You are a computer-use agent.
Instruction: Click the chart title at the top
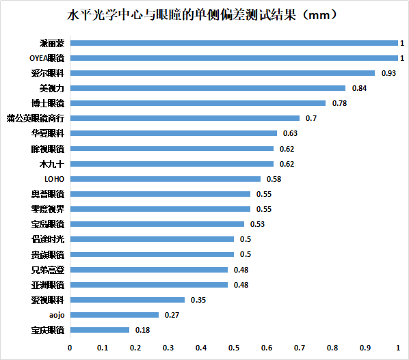tap(204, 14)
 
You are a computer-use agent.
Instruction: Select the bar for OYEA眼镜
tap(233, 58)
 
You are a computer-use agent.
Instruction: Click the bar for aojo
tap(114, 315)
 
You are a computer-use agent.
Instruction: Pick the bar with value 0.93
tap(222, 73)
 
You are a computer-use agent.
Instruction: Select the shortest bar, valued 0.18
tap(99, 330)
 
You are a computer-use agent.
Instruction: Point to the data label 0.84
tap(359, 88)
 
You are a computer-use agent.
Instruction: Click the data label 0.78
tap(339, 103)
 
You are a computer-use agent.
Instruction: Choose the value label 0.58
tap(274, 179)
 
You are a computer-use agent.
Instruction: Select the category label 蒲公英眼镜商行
tap(35, 118)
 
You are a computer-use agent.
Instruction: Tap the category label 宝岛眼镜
tap(48, 224)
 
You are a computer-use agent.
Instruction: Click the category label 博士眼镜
tap(48, 103)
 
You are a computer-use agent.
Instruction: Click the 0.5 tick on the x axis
tap(234, 348)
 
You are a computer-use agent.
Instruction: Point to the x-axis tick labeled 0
tap(70, 348)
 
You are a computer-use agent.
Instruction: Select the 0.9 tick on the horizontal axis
tap(365, 348)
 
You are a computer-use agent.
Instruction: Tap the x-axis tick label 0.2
tap(135, 348)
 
